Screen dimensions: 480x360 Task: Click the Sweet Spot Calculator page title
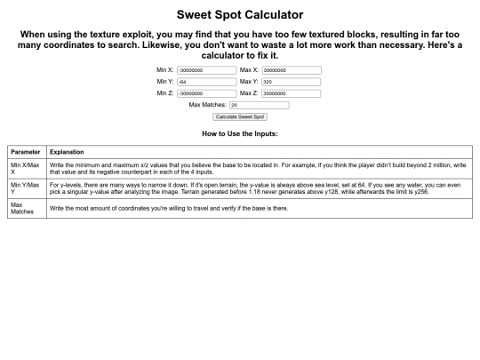coord(240,15)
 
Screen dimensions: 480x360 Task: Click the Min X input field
coord(206,70)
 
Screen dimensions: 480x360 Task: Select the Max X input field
coord(292,70)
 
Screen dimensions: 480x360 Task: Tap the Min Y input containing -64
coord(206,82)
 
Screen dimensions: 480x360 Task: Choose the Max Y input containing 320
coord(292,82)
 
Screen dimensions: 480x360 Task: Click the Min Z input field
coord(206,93)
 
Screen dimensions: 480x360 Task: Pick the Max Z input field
coord(292,93)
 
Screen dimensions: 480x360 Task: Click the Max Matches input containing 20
coord(259,105)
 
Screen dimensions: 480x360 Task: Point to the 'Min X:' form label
coord(164,70)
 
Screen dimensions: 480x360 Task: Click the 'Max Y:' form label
coord(249,82)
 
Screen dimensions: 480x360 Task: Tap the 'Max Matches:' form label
coord(208,105)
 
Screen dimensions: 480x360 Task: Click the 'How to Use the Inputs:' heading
coord(240,133)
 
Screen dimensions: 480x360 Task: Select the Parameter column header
coord(25,152)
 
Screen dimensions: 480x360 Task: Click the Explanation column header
coord(67,152)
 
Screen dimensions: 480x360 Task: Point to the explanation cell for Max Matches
coord(169,208)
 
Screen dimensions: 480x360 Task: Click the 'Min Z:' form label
coord(164,93)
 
